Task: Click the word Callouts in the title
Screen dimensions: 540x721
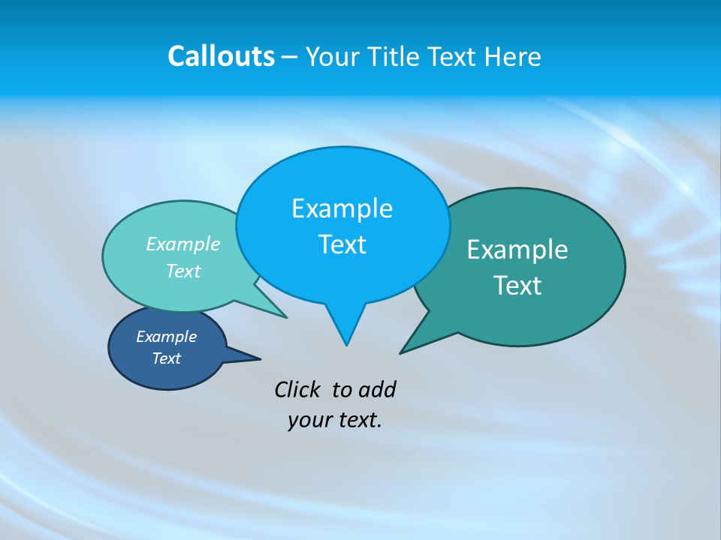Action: click(221, 56)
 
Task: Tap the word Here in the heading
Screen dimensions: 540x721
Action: click(512, 56)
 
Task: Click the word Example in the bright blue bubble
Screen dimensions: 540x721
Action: click(342, 208)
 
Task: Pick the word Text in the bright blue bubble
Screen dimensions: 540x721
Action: click(342, 244)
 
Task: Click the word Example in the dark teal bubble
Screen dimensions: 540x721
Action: click(517, 250)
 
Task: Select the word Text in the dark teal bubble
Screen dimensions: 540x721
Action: click(517, 286)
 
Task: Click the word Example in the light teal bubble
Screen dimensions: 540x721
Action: click(183, 244)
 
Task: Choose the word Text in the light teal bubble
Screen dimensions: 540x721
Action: click(183, 271)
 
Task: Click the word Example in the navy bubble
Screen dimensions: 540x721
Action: click(166, 337)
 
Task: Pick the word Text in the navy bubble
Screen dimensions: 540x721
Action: click(166, 358)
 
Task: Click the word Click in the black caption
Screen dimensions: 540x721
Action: click(298, 389)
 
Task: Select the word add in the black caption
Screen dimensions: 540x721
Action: click(376, 389)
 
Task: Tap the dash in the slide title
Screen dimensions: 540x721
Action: click(290, 57)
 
